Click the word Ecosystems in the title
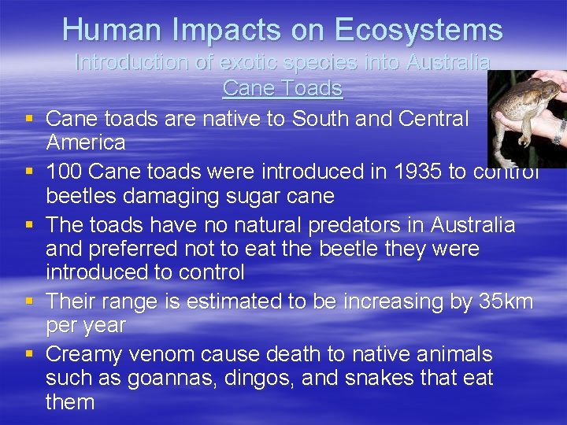tap(417, 30)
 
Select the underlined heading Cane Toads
tap(283, 88)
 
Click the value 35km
tap(506, 301)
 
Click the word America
tap(86, 142)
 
